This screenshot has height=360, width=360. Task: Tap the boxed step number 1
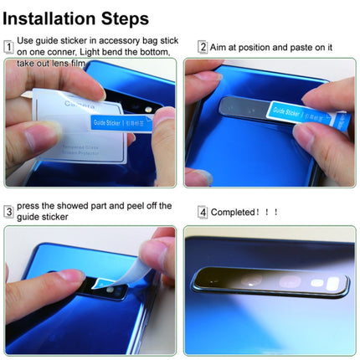click(8, 47)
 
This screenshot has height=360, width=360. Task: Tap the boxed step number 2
click(202, 48)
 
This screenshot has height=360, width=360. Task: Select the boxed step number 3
click(8, 212)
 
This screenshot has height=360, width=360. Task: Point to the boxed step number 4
click(202, 212)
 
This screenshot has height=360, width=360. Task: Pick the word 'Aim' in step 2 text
click(219, 48)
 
